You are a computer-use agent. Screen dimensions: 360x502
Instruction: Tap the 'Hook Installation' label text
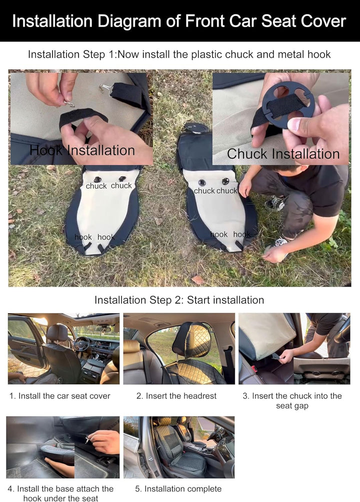[82, 151]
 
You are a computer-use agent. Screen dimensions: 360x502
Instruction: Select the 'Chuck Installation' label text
[283, 154]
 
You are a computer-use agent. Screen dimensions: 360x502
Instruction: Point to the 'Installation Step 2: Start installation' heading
[179, 300]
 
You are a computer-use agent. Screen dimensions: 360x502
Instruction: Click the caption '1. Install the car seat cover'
[60, 396]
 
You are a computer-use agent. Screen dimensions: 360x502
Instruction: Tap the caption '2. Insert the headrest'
[176, 396]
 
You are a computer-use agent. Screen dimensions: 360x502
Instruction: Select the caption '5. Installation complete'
[178, 489]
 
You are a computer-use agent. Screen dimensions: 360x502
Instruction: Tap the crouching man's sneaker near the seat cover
[275, 203]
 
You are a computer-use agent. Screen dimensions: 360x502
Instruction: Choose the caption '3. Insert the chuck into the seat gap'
[292, 401]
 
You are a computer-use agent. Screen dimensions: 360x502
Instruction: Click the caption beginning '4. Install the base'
[60, 493]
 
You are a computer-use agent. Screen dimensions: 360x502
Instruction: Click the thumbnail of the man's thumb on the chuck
[294, 124]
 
